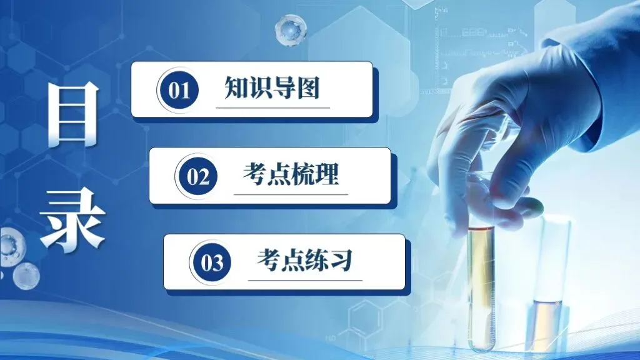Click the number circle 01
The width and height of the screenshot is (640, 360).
[x=179, y=90]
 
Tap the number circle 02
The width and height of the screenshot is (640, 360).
[x=197, y=176]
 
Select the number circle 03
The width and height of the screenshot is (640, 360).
[x=212, y=262]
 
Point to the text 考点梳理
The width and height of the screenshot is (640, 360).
[x=291, y=174]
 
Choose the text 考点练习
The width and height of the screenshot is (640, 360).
[x=305, y=261]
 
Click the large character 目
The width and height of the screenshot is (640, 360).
[x=73, y=114]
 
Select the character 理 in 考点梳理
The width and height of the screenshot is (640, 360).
[x=327, y=174]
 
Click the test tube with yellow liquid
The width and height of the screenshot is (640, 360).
[x=481, y=275]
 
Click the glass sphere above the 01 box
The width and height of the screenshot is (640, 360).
[x=290, y=28]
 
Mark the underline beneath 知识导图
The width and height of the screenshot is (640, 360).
[x=272, y=107]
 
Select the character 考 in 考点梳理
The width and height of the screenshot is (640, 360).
[x=254, y=174]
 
